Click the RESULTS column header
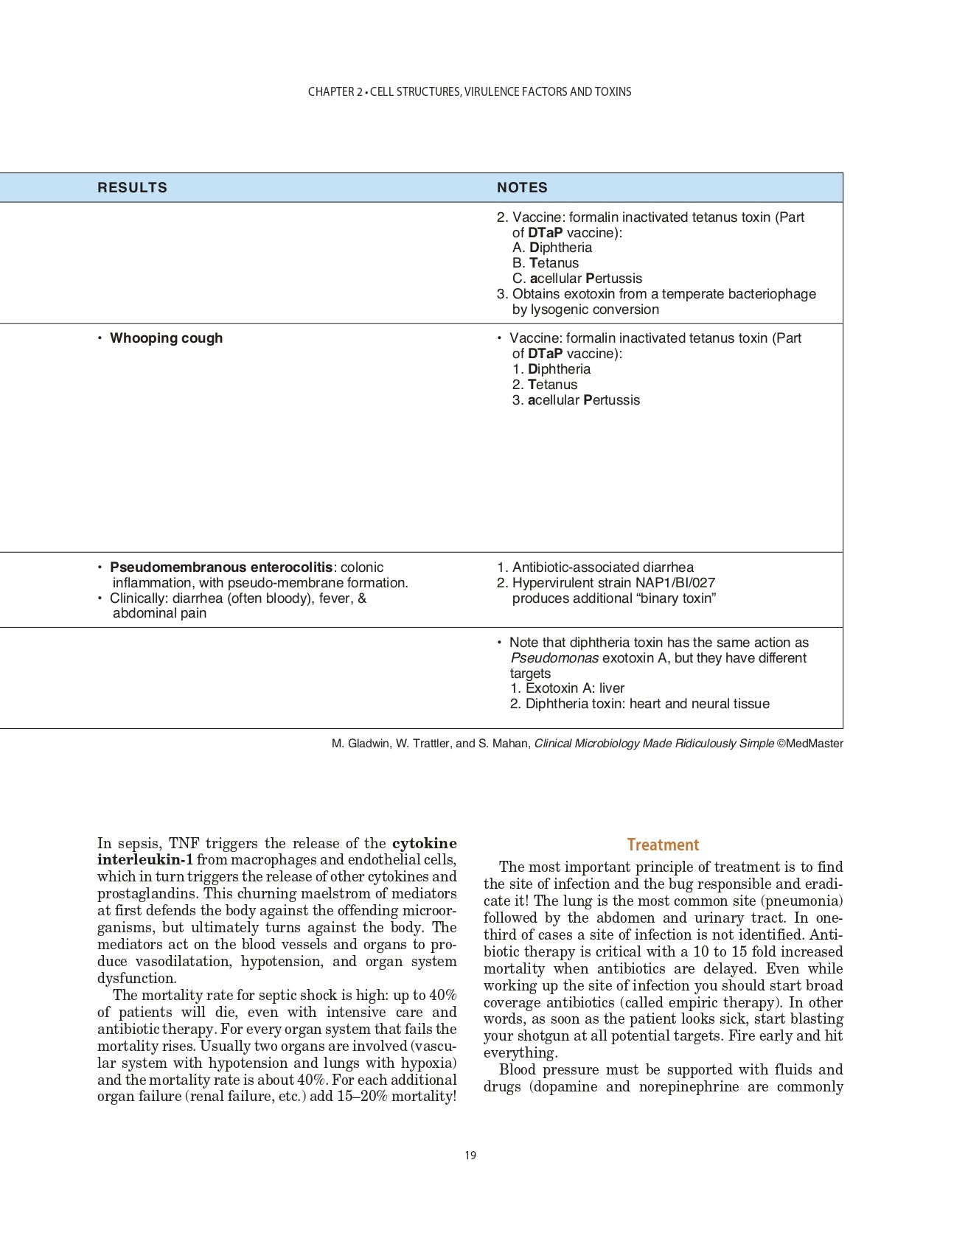[x=132, y=188]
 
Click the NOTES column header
[x=522, y=188]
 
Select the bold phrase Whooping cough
[x=166, y=338]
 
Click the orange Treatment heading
[x=663, y=845]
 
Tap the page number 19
[x=470, y=1155]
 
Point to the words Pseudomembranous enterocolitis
[x=221, y=567]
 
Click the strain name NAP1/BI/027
[x=675, y=583]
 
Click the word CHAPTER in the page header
[x=331, y=92]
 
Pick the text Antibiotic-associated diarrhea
[x=602, y=567]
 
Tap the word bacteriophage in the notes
[x=772, y=294]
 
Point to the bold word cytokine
[x=424, y=843]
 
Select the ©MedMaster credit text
[x=809, y=744]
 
